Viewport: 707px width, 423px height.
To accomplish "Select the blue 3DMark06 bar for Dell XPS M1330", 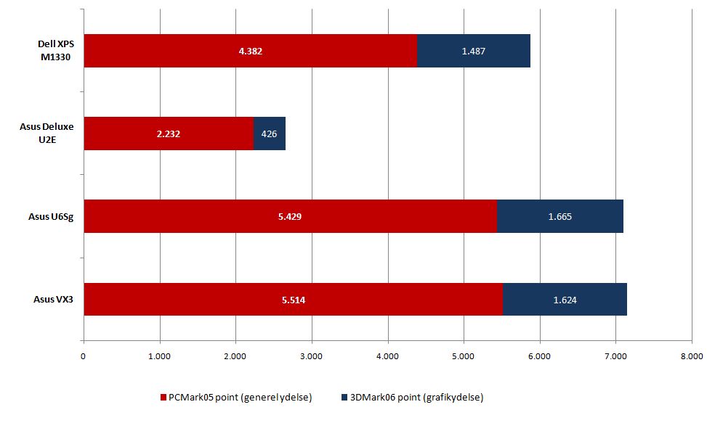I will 473,51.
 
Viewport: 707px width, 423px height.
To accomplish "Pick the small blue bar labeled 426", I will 269,134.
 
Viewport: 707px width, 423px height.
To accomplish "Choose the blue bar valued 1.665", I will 559,216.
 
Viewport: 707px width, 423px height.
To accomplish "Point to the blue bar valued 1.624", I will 565,299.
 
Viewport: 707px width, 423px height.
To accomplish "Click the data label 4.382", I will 251,51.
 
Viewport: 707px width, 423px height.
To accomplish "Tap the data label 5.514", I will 293,299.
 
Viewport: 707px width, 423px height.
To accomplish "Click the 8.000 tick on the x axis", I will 691,356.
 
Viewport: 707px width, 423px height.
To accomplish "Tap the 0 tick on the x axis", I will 84,356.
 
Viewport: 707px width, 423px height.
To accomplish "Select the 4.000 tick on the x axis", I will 387,356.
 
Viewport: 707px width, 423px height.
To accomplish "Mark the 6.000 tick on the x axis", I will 539,356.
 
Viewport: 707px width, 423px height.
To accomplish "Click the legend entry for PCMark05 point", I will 240,398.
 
